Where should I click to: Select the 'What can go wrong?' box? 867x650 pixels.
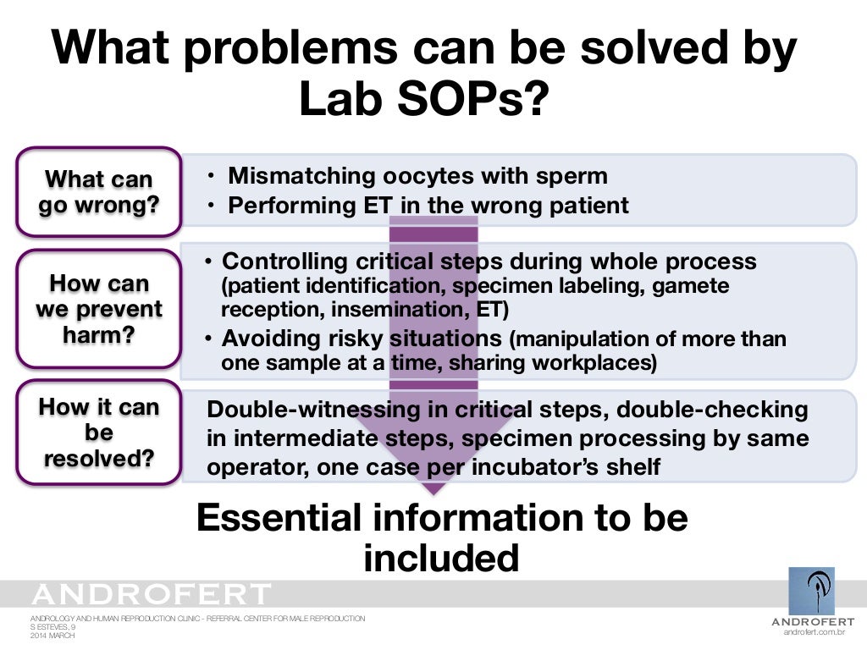[98, 192]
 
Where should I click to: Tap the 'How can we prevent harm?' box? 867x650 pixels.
[98, 308]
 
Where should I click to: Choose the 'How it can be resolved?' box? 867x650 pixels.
[98, 432]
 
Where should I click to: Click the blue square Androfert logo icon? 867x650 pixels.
[811, 591]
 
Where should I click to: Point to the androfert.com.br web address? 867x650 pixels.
[815, 631]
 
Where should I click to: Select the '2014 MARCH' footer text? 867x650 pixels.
[52, 635]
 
